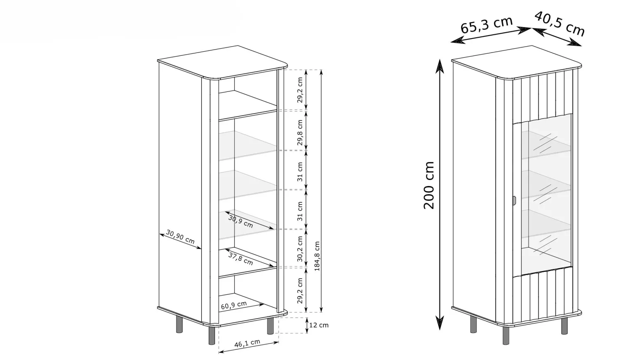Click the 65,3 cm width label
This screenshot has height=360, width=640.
pos(487,25)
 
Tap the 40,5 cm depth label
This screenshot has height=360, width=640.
pos(560,24)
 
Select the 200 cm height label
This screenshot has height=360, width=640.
pos(429,185)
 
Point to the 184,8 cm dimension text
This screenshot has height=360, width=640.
pos(317,256)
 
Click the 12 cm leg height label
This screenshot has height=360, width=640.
pos(319,325)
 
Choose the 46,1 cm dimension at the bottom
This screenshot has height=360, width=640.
pos(247,344)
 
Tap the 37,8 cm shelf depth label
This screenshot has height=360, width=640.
pos(240,259)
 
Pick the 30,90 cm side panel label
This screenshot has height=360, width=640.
pos(180,237)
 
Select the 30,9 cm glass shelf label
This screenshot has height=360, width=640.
pos(240,221)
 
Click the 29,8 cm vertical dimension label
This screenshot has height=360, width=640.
pos(300,132)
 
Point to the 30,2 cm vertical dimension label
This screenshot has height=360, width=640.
pos(300,248)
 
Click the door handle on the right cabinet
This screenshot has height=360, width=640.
pos(514,201)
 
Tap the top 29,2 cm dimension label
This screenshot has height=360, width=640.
pos(300,90)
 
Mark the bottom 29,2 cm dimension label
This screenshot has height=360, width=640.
pos(300,291)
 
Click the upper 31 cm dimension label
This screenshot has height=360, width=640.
pos(300,171)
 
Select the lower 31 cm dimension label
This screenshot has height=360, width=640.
pos(300,211)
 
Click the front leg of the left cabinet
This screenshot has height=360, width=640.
pos(212,335)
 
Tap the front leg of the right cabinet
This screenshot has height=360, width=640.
pos(506,335)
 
